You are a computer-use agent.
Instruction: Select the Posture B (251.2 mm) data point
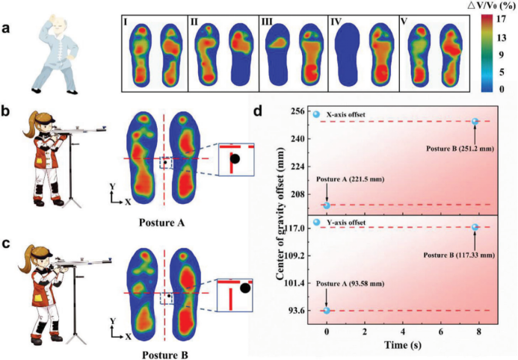475,121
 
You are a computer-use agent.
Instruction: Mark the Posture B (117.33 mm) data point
475,227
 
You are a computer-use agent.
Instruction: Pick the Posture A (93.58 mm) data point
327,311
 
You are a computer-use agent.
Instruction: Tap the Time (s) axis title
402,345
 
